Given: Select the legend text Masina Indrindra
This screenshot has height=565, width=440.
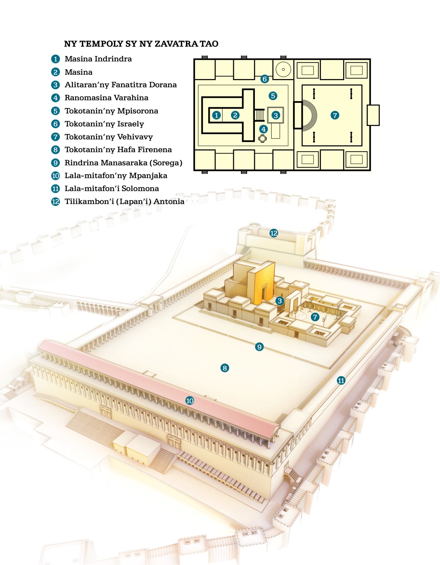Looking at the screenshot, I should click(x=98, y=59).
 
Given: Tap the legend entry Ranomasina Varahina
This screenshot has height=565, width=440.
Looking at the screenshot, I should click(x=106, y=98).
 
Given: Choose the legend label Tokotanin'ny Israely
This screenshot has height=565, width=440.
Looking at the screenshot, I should click(x=104, y=124).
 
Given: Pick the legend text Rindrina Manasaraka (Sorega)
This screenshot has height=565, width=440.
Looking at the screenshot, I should click(x=123, y=163).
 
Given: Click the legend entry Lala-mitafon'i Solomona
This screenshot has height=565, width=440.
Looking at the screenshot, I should click(x=111, y=189).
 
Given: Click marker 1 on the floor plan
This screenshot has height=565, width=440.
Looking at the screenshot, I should click(x=217, y=115).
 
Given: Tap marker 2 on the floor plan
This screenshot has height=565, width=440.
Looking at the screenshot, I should click(x=235, y=115).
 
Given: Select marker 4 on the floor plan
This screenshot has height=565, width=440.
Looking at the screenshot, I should click(x=263, y=129).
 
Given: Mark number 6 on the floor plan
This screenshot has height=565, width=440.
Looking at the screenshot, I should click(x=265, y=79).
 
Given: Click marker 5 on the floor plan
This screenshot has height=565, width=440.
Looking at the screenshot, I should click(x=273, y=96).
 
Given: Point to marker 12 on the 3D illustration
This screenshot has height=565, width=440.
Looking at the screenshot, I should click(x=274, y=233).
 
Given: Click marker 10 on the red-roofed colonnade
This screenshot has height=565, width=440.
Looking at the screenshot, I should click(x=190, y=401).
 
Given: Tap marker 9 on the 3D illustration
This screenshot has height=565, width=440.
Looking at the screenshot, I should click(x=259, y=347).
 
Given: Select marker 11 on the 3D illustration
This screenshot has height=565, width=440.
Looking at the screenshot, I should click(x=341, y=380).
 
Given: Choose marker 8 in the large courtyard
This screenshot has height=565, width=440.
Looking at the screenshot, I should click(x=225, y=368).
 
